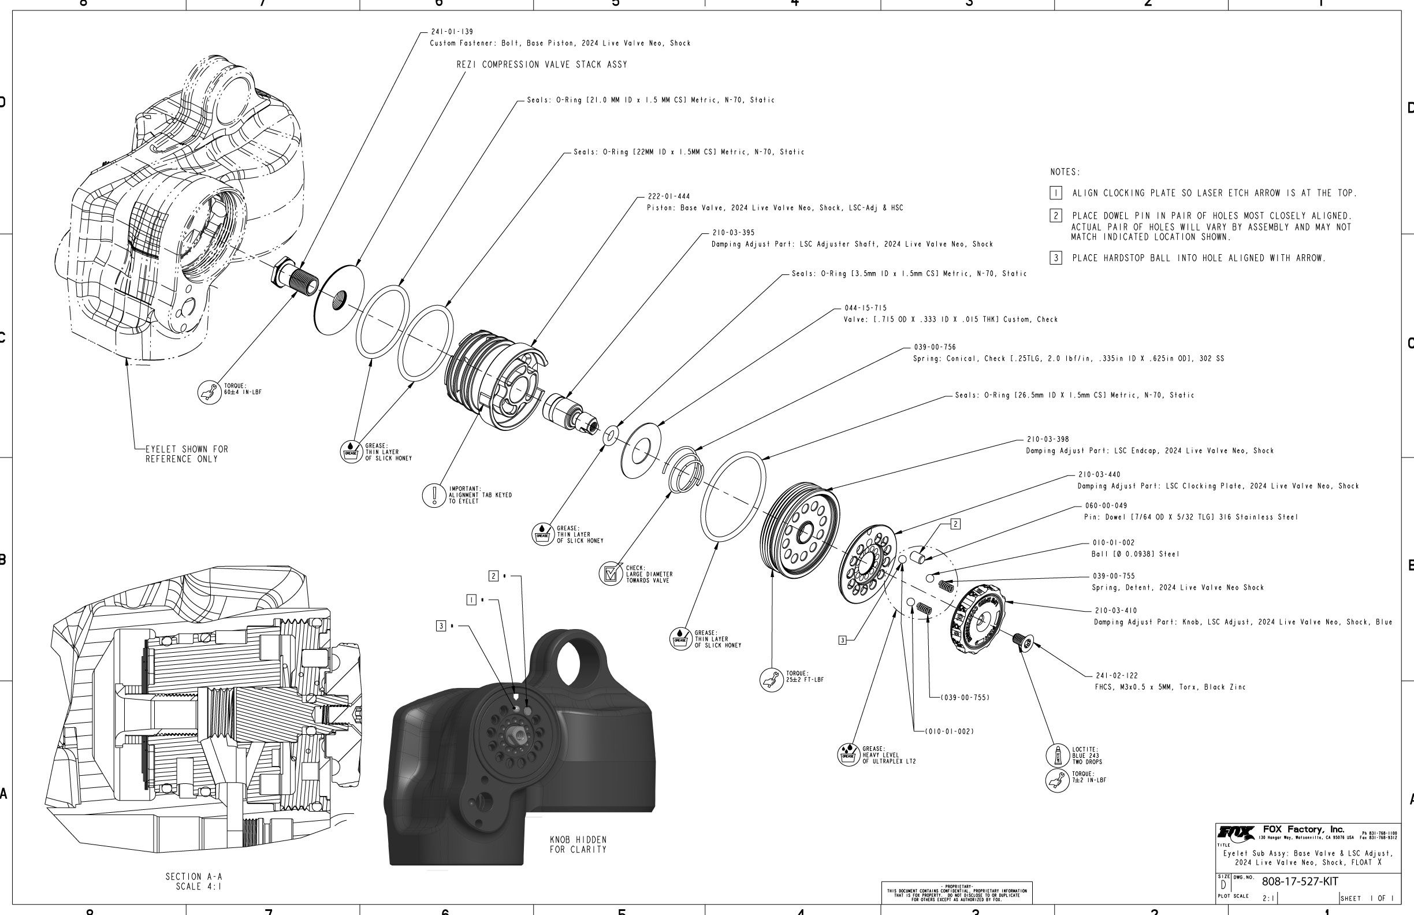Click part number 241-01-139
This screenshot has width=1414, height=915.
coord(452,32)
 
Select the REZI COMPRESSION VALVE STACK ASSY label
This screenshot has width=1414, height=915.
coord(541,65)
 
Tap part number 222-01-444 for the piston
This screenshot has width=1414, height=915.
coord(668,196)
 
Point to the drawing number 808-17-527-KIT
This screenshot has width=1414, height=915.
coord(1299,881)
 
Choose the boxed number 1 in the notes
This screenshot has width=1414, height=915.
coord(1056,193)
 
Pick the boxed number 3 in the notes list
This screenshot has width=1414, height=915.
coord(1056,258)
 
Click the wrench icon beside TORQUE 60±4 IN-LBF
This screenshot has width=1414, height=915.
coord(208,392)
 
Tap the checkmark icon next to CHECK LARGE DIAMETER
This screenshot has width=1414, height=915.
coord(610,574)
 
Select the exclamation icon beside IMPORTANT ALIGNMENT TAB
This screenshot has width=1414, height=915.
coord(434,495)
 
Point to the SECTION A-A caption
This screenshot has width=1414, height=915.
coord(194,881)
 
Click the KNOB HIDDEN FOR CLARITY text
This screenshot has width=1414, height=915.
coord(578,845)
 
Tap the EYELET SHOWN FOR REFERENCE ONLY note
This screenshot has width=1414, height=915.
coord(187,454)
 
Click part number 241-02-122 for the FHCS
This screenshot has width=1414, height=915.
coord(1117,675)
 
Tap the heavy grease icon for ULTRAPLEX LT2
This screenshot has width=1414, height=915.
coord(848,754)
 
